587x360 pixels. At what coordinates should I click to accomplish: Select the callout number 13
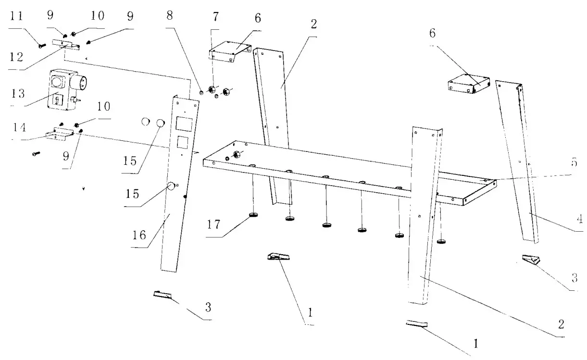tap(18, 92)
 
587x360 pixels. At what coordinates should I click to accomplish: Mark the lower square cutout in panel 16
tap(182, 143)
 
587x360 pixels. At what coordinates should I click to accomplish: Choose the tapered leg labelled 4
tap(517, 159)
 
